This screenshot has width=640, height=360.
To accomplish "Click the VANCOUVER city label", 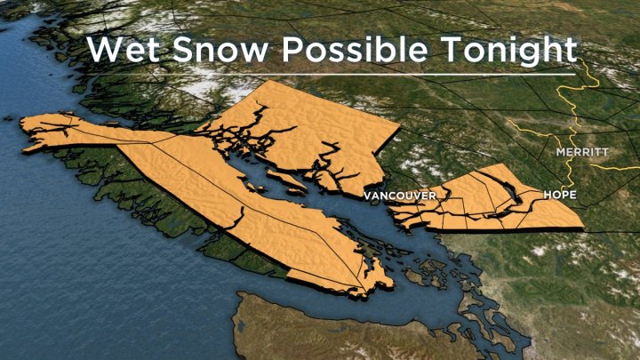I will pyautogui.click(x=400, y=194).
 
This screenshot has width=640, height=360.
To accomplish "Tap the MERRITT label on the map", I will pyautogui.click(x=582, y=153).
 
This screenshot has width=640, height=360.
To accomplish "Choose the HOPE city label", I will pyautogui.click(x=560, y=194).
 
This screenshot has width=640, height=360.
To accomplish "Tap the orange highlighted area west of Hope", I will pyautogui.click(x=480, y=200).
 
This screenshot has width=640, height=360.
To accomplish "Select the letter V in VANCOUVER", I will pyautogui.click(x=366, y=194).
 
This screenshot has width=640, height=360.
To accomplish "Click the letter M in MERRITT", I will pyautogui.click(x=560, y=153).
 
